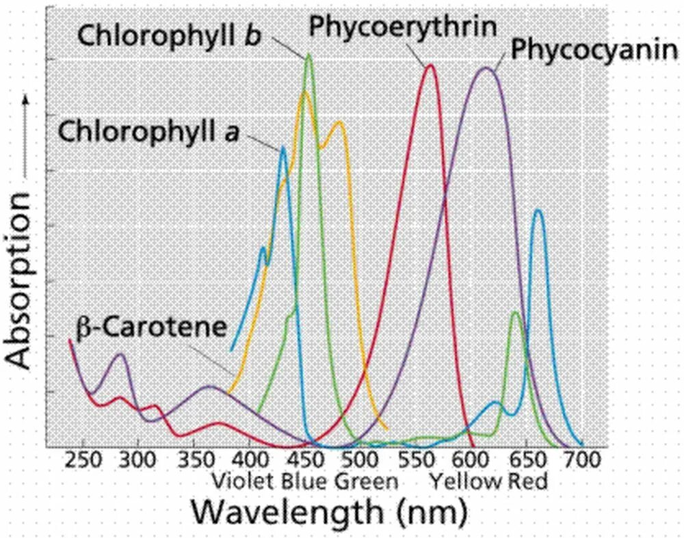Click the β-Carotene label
pyautogui.click(x=150, y=327)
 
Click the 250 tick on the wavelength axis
pyautogui.click(x=83, y=459)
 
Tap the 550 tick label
pyautogui.click(x=419, y=459)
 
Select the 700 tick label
pyautogui.click(x=581, y=459)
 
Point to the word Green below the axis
pyautogui.click(x=365, y=481)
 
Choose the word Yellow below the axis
pyautogui.click(x=460, y=481)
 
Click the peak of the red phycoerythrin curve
pyautogui.click(x=430, y=65)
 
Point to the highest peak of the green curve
pyautogui.click(x=308, y=54)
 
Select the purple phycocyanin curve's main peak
pyautogui.click(x=486, y=68)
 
